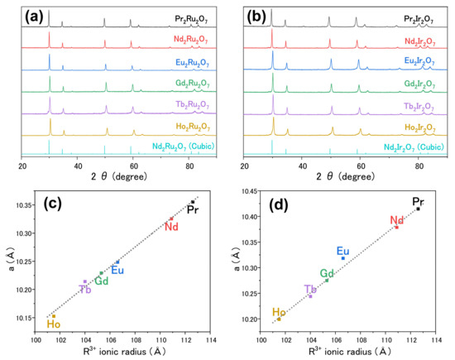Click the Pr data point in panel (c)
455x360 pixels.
tap(193, 202)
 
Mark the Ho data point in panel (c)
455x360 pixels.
tap(54, 315)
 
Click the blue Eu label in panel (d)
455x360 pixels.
tap(344, 251)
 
